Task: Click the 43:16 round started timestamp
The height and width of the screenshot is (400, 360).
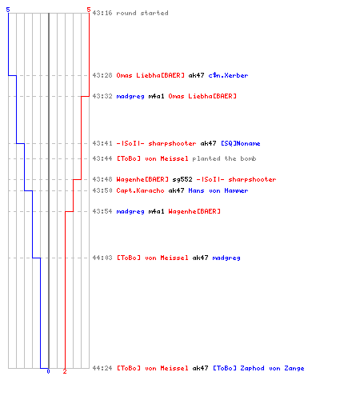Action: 102,13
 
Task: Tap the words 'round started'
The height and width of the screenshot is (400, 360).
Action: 142,13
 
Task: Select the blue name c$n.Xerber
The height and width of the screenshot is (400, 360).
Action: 228,75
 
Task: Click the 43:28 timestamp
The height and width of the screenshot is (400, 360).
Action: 102,75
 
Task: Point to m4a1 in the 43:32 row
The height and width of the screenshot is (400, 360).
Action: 156,96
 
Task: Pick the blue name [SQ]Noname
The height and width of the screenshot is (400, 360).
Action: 241,143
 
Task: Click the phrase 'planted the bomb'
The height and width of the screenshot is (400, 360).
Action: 224,158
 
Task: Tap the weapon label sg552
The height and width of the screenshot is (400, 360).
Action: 182,179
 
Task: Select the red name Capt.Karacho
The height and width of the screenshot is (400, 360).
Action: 140,190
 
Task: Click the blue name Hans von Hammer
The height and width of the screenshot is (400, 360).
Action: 218,190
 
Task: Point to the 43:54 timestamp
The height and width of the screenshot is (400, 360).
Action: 102,211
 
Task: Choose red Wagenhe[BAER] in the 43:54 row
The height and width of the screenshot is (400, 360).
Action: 194,211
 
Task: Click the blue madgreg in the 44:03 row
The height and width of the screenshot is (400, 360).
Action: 226,258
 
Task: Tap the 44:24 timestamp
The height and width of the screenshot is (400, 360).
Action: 102,368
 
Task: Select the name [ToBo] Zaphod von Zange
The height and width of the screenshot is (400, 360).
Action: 258,368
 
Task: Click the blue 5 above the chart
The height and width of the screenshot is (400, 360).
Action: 8,10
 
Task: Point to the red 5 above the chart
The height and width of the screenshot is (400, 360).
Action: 89,10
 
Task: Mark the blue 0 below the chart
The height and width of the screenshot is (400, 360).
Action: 48,371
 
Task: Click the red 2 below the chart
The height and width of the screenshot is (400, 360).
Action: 65,371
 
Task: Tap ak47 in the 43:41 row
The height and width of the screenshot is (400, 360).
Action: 208,143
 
